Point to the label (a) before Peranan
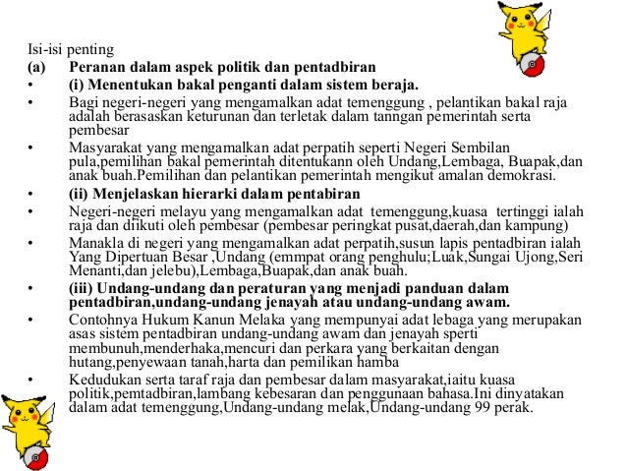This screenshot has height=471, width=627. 36,67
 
